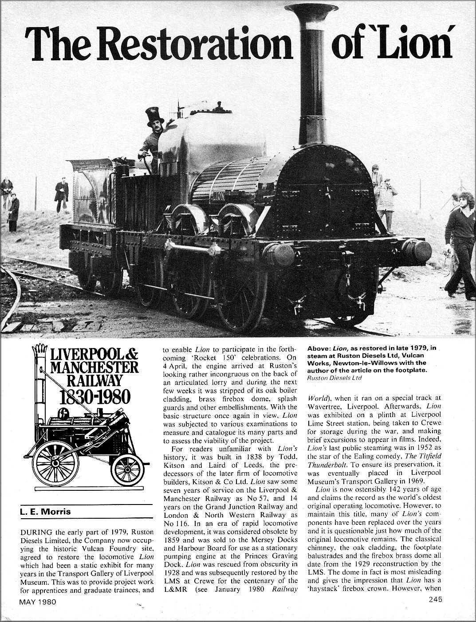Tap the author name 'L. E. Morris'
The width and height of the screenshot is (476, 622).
[x=45, y=512]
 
